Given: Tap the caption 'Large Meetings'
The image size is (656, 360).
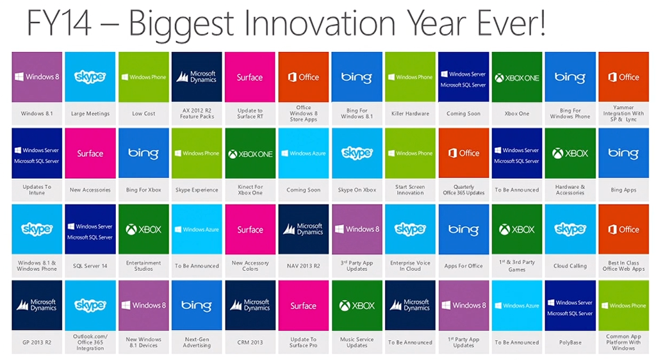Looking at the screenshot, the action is pyautogui.click(x=90, y=113).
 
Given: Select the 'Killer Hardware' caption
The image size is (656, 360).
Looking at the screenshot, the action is pyautogui.click(x=410, y=113).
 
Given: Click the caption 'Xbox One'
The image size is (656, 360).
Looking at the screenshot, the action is pyautogui.click(x=517, y=113).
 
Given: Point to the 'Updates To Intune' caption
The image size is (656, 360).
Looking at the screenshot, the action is pyautogui.click(x=37, y=190).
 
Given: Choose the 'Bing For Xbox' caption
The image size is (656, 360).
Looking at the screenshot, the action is pyautogui.click(x=143, y=190).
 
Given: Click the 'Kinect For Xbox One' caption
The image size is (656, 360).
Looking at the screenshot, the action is pyautogui.click(x=250, y=190).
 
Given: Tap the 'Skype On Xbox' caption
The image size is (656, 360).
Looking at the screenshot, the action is pyautogui.click(x=357, y=190).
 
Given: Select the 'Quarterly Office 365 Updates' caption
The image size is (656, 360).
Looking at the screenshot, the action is pyautogui.click(x=464, y=190).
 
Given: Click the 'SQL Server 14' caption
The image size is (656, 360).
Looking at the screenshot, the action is pyautogui.click(x=90, y=266).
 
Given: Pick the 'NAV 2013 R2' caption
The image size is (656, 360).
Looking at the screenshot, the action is pyautogui.click(x=303, y=266).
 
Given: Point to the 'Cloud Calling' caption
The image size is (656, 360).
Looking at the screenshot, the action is pyautogui.click(x=570, y=266).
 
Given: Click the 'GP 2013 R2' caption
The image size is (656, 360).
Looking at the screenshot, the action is pyautogui.click(x=37, y=342).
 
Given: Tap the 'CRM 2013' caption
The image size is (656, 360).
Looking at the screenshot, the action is pyautogui.click(x=250, y=342).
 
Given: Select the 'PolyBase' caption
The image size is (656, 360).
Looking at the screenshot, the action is pyautogui.click(x=570, y=342).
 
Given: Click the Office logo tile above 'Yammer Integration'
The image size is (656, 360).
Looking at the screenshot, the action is pyautogui.click(x=623, y=77).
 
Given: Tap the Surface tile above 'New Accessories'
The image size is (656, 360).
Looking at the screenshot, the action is pyautogui.click(x=90, y=153).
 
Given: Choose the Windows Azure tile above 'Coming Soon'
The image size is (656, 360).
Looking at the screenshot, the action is pyautogui.click(x=303, y=153).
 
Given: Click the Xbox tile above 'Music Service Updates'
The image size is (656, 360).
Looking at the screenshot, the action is pyautogui.click(x=357, y=306).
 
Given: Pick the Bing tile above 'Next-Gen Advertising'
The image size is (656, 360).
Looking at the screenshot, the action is pyautogui.click(x=197, y=306).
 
